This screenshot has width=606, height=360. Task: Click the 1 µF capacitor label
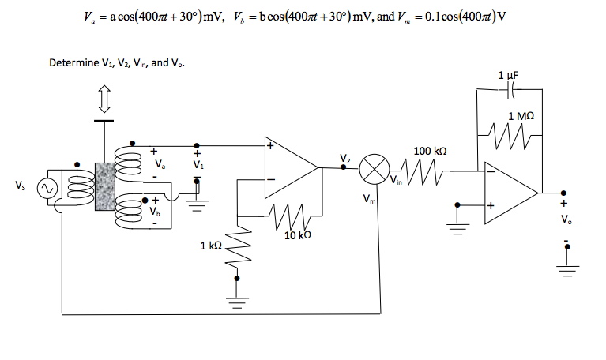[x=507, y=75]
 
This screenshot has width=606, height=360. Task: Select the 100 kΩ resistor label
[x=430, y=150]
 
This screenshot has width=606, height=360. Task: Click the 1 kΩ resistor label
[x=211, y=247]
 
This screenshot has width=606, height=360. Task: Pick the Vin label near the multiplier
[x=395, y=182]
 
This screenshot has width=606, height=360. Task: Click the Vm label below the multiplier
[x=368, y=199]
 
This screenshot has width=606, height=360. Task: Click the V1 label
[x=198, y=167]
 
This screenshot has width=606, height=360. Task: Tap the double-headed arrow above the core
[x=104, y=99]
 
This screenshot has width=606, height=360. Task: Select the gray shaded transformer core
[x=104, y=186]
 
